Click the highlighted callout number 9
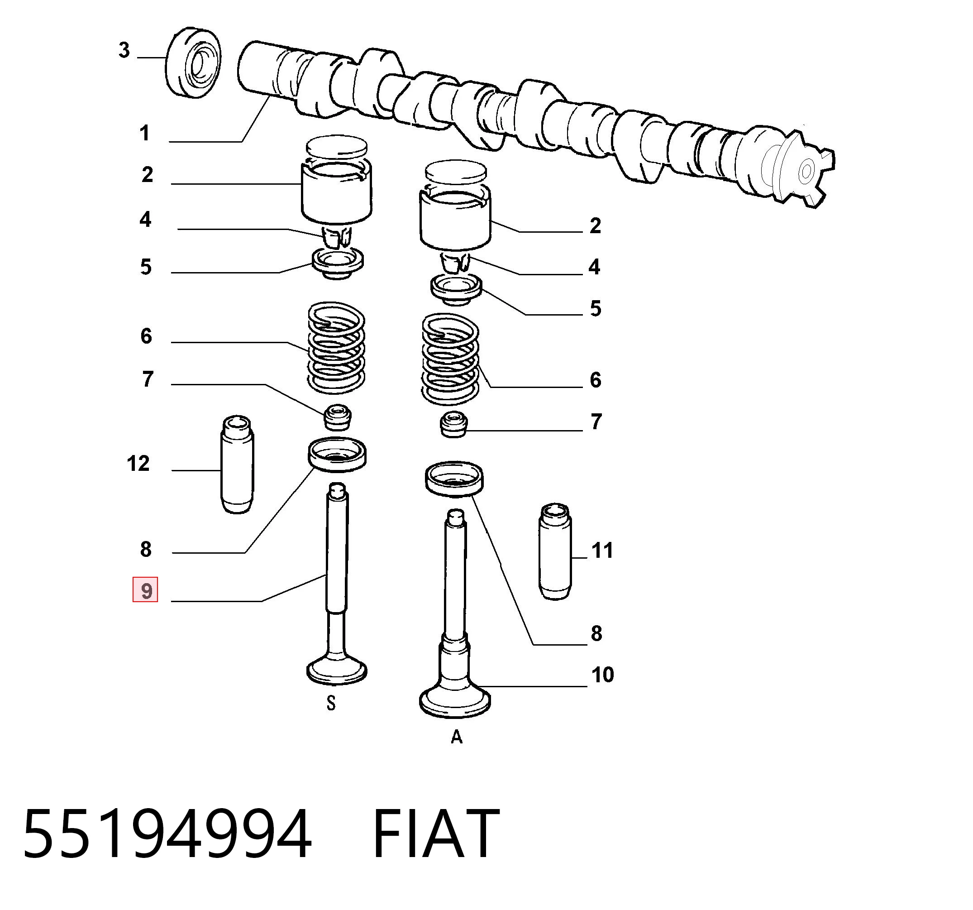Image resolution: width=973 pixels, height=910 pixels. (145, 590)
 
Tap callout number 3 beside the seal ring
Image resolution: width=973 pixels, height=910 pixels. (124, 50)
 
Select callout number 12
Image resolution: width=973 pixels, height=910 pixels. (138, 463)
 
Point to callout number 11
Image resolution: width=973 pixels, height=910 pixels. (602, 551)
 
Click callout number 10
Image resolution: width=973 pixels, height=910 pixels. (602, 675)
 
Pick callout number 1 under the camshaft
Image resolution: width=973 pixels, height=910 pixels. (144, 133)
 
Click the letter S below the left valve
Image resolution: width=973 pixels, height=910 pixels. (331, 704)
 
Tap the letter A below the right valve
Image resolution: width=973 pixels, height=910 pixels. (456, 737)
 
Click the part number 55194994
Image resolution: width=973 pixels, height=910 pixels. (167, 833)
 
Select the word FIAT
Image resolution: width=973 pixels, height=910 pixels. (436, 833)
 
